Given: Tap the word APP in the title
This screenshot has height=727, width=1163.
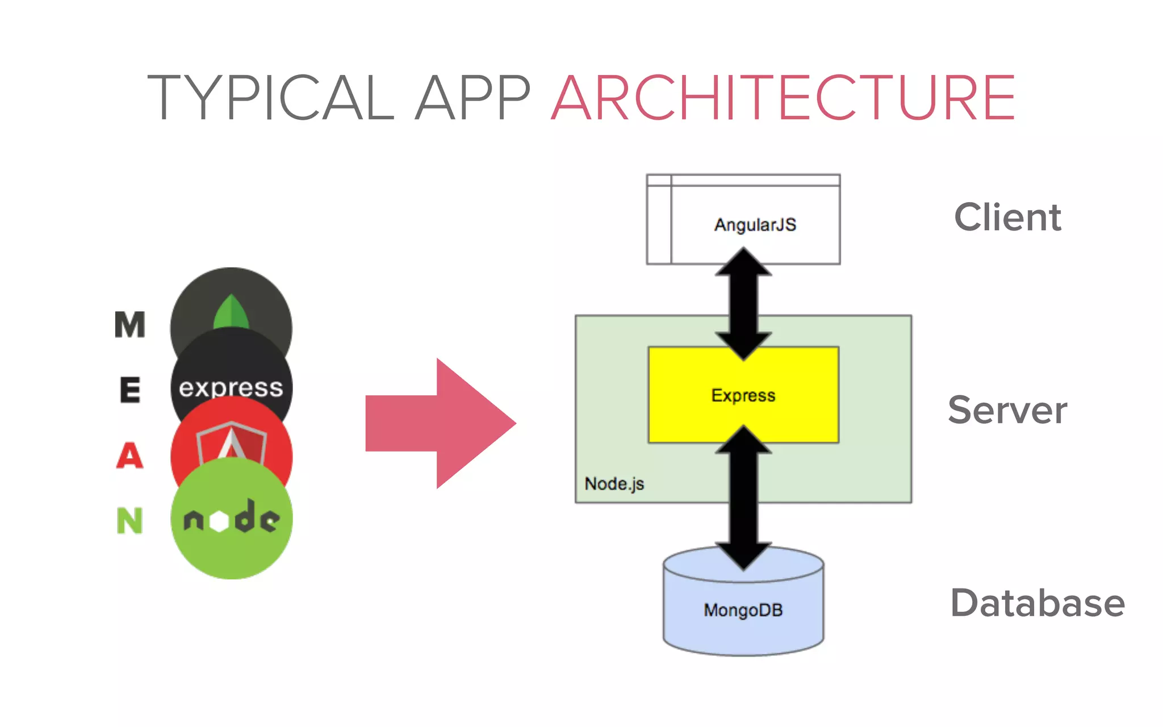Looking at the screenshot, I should click(x=472, y=98).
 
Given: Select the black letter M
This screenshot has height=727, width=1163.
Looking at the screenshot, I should click(x=130, y=325).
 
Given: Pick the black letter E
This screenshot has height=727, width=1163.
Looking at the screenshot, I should click(x=130, y=390).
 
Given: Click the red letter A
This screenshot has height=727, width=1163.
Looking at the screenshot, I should click(x=130, y=456).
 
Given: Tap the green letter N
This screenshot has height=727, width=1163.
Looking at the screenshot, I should click(x=130, y=521).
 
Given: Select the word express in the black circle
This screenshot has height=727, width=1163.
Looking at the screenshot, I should click(x=231, y=388).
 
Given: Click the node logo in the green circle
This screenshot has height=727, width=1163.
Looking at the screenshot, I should click(x=231, y=518).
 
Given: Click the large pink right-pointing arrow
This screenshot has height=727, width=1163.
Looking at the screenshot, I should click(x=440, y=423).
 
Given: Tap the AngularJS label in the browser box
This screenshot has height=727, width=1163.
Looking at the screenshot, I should click(x=755, y=225).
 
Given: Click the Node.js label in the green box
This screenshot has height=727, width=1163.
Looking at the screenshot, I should click(x=614, y=484).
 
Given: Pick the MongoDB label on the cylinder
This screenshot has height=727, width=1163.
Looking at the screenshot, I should click(x=743, y=611).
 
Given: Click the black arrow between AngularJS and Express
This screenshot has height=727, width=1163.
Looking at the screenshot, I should click(x=743, y=304).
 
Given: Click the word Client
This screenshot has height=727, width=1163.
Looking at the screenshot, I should click(x=1007, y=218).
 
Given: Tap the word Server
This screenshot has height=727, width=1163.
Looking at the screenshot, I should click(x=1007, y=410).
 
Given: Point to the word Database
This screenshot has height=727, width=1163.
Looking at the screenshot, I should click(x=1037, y=603).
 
